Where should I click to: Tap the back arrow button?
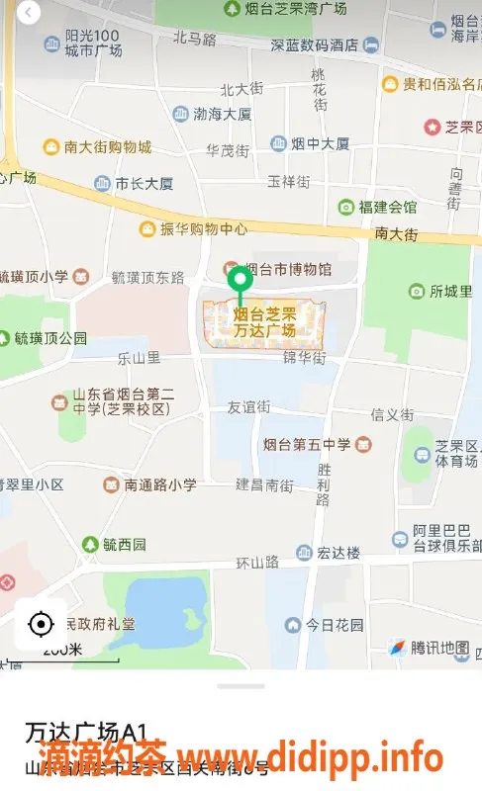point(28,13)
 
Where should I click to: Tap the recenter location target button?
point(41,624)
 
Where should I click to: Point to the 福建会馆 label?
point(388,207)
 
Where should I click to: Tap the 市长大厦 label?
point(144,183)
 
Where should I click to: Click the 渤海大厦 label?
point(222,114)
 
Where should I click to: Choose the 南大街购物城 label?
point(108,147)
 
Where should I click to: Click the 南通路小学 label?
point(160,484)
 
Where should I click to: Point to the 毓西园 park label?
point(125,544)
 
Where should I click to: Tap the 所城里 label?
point(450,291)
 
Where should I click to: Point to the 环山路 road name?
point(256,563)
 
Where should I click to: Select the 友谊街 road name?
point(248,406)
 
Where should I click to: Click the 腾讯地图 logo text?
point(438,648)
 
